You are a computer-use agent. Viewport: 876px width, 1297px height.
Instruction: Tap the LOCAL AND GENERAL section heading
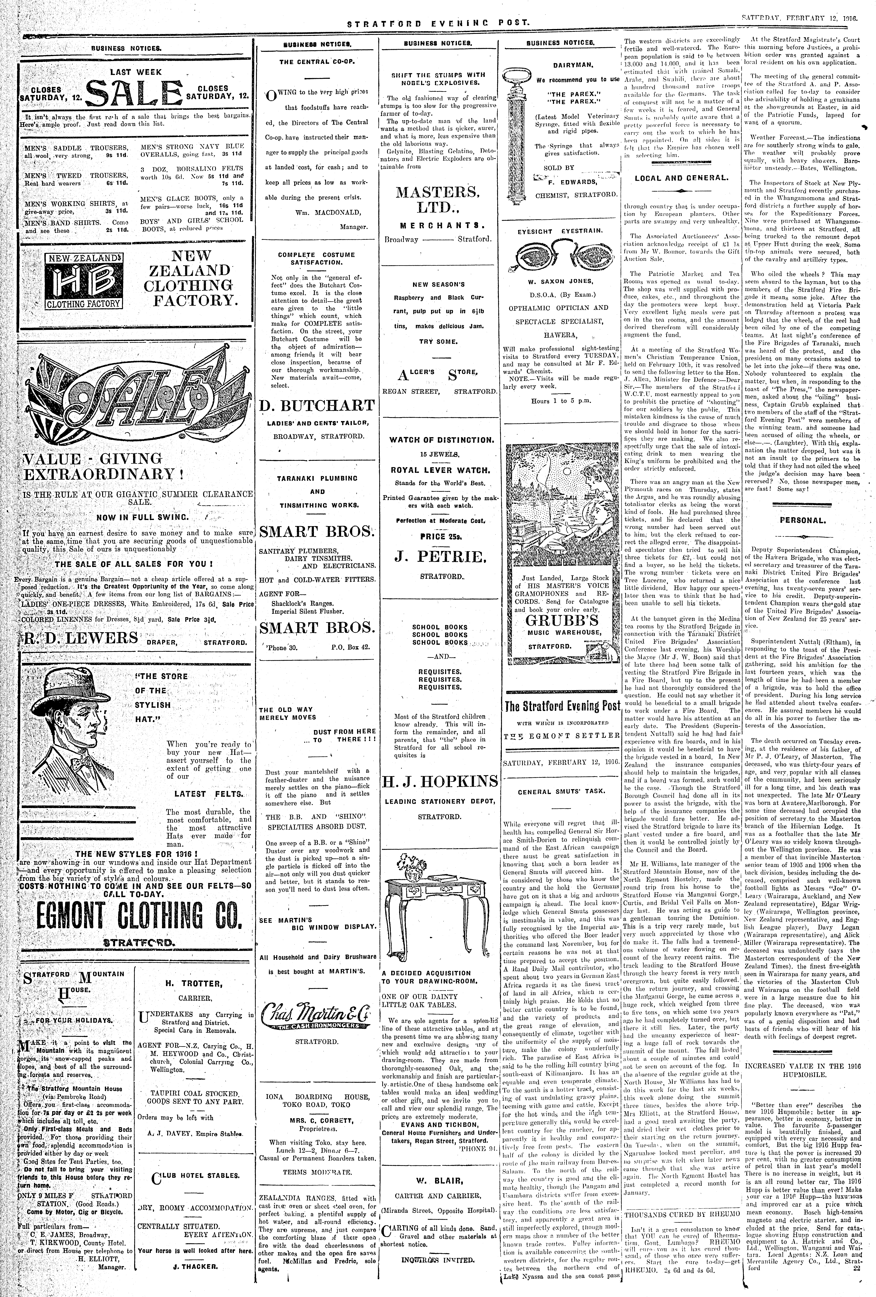click(681, 179)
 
